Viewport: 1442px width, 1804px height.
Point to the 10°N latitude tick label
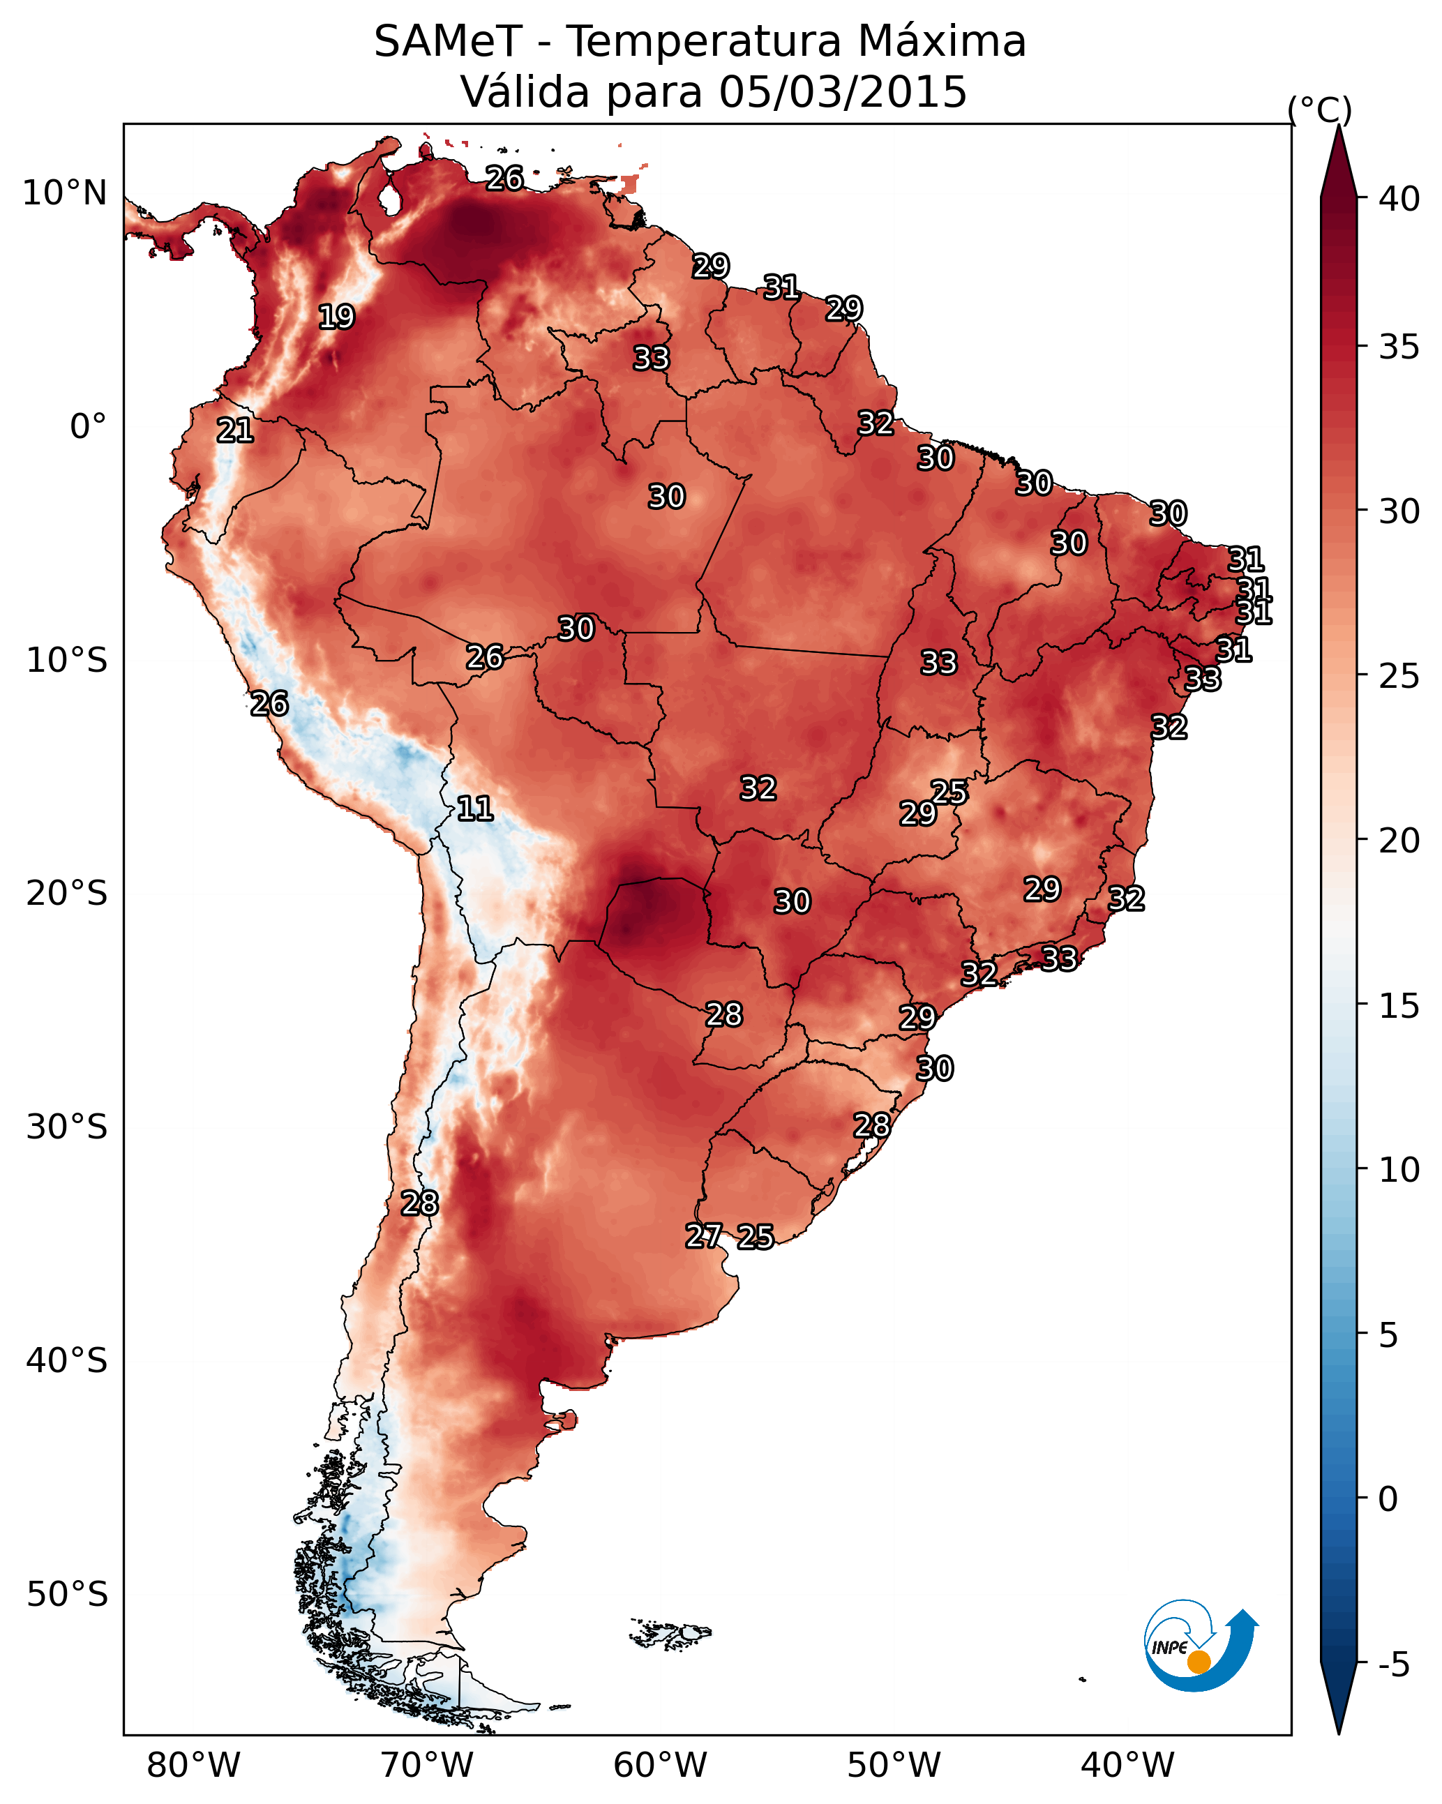[x=64, y=193]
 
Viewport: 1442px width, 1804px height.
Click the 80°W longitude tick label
[x=193, y=1765]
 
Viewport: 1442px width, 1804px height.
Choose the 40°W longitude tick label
[x=1127, y=1765]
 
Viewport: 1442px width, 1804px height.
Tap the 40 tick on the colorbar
[x=1399, y=199]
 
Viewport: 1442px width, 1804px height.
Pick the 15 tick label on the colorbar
[x=1399, y=1006]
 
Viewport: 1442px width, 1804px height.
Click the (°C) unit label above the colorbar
[x=1320, y=110]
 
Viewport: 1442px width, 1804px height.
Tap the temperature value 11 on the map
[x=474, y=809]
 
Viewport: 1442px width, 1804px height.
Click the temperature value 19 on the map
[x=336, y=317]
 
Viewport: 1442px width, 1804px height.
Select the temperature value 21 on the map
[x=235, y=431]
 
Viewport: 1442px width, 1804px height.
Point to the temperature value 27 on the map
[x=704, y=1236]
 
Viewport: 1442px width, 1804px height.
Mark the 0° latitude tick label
[x=89, y=427]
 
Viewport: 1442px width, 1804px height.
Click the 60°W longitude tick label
[x=661, y=1765]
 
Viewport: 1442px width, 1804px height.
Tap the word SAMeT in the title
[x=449, y=41]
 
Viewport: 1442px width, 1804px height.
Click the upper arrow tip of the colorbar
[x=1338, y=126]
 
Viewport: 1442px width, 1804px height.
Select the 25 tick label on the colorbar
[x=1399, y=676]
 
